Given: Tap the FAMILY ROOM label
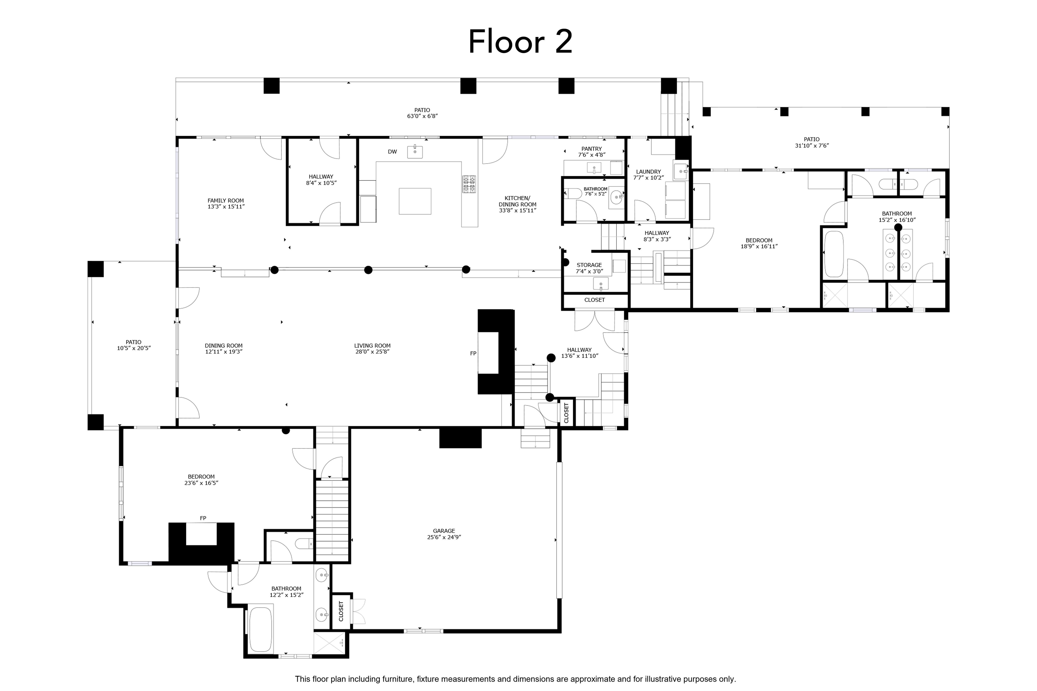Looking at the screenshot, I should click(x=226, y=200).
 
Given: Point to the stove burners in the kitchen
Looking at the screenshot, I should click(x=469, y=184).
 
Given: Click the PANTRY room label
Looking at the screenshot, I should click(x=591, y=149).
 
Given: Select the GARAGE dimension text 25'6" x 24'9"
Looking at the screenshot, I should click(x=444, y=537).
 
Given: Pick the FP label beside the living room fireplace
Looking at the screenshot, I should click(x=473, y=353).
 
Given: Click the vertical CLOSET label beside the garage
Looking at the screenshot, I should click(x=341, y=611).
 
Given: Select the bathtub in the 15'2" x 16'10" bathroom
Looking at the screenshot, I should click(x=834, y=254).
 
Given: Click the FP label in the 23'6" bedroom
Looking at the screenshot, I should click(x=203, y=518).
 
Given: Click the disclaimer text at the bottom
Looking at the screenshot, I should click(x=515, y=679).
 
